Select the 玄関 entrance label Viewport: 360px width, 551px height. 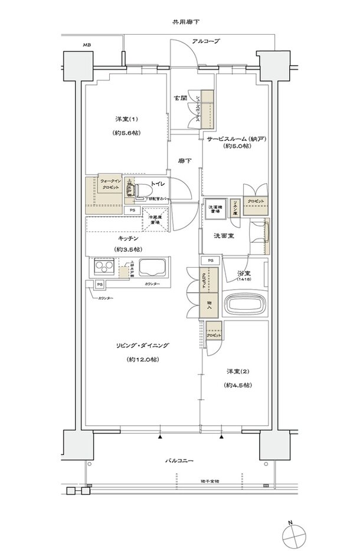point(180,98)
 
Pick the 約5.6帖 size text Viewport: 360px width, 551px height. point(125,135)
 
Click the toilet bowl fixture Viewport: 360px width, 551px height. point(142,189)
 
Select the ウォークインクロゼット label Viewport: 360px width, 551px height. point(109,183)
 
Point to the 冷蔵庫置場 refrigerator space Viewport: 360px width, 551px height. point(157,221)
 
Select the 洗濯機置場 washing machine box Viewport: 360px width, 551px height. point(214,211)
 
